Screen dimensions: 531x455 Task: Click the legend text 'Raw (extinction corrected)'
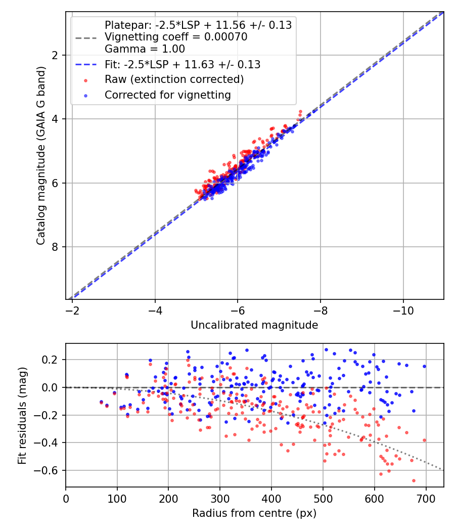coord(174,79)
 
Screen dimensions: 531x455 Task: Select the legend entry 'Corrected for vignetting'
coord(167,95)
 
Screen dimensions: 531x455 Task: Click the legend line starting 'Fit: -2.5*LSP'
coord(183,64)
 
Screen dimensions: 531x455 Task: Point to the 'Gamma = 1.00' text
coord(145,49)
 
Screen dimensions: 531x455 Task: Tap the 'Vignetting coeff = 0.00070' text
coord(176,37)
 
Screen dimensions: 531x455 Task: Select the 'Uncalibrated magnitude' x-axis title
coord(254,325)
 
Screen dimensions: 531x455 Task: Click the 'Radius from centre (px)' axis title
coord(254,513)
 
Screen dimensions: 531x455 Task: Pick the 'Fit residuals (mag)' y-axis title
coord(22,415)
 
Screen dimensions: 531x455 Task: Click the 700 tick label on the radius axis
coord(426,498)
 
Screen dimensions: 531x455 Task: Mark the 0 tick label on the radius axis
coord(66,498)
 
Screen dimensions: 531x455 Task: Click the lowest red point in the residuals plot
coord(414,480)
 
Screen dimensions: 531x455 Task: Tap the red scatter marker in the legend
coord(85,80)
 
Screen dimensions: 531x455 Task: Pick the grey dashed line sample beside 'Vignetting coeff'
coord(85,37)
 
